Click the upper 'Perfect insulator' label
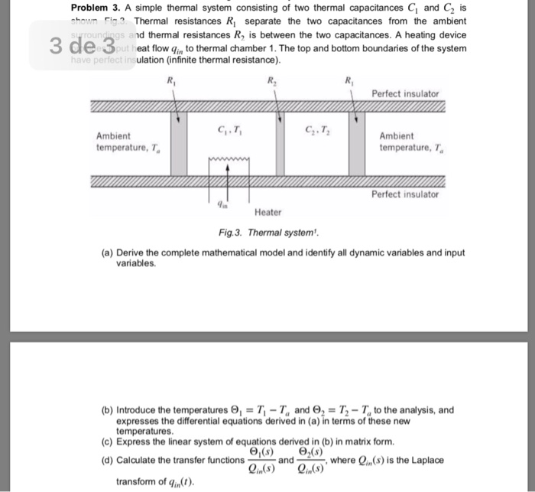[x=405, y=93]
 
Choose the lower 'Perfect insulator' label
[x=405, y=194]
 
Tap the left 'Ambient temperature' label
[x=116, y=141]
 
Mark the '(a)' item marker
[x=105, y=253]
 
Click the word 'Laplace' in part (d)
[x=425, y=460]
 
